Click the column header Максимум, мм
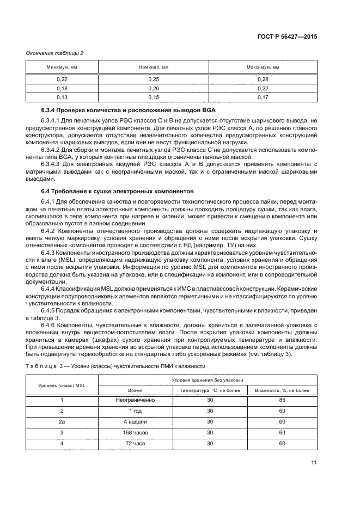coord(263,67)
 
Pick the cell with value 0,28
coord(263,79)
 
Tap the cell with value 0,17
coord(263,97)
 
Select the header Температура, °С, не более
coord(209,390)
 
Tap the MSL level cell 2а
coord(62,421)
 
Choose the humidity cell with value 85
coord(282,400)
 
